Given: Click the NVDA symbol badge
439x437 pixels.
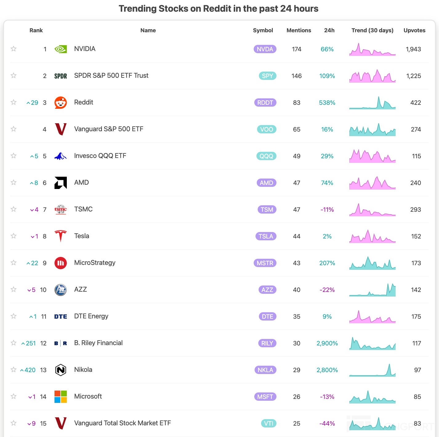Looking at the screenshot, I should (265, 49).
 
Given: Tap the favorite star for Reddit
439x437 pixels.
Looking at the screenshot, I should (14, 102).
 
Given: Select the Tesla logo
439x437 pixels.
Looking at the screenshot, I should (61, 236).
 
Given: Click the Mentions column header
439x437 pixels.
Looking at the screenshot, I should (299, 30).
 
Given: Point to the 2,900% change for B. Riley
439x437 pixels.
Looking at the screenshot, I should (327, 343).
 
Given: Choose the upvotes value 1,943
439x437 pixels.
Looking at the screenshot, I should (413, 49).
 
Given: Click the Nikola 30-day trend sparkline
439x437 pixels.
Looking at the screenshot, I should (373, 370).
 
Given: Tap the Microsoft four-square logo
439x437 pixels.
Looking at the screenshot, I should (61, 397).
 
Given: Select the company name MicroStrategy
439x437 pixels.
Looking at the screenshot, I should (95, 263).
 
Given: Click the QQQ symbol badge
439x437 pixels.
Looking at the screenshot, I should (266, 156).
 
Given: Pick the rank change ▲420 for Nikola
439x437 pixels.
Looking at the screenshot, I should (28, 370).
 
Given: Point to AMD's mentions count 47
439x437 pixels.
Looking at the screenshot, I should (296, 183).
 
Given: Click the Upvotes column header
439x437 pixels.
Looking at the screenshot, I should (414, 30).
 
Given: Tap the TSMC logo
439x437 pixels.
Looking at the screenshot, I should (61, 210).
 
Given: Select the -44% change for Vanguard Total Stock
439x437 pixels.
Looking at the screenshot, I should (327, 423).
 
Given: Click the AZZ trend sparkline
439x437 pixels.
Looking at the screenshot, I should (373, 290).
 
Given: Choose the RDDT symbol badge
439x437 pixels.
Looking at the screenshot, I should (265, 103).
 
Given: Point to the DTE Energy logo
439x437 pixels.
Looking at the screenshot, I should (61, 317).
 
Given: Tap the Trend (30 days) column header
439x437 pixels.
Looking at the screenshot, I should (373, 30).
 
